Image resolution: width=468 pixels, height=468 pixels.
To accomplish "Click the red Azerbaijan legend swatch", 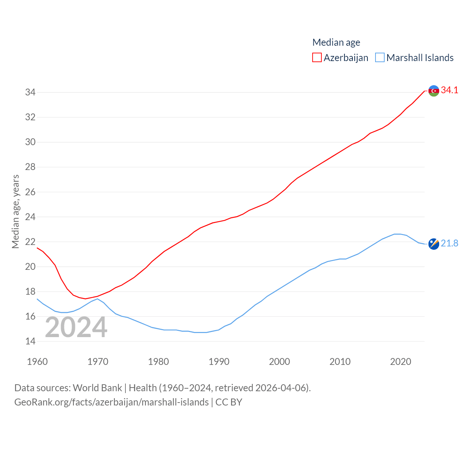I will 317,58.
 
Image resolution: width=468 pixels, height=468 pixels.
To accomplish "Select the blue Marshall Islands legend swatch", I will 380,58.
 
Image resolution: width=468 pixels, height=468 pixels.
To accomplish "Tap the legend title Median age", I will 336,42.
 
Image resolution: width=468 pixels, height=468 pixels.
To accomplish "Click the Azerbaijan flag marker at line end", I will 434,91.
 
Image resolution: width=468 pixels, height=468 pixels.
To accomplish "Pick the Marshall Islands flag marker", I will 434,244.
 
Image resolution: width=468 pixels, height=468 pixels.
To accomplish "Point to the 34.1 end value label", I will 449,90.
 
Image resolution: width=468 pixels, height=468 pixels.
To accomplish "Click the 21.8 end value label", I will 449,243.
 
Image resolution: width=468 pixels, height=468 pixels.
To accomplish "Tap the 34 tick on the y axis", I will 30,92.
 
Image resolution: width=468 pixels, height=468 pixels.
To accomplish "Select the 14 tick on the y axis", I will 30,341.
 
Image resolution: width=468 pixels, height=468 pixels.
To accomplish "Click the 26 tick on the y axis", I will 30,192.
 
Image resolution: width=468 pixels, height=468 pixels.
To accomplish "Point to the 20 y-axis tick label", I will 30,267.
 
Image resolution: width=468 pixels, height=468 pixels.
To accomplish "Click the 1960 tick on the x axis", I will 37,362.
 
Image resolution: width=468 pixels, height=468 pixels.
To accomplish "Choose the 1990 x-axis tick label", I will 219,362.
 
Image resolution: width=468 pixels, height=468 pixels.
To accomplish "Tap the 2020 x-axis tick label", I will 400,362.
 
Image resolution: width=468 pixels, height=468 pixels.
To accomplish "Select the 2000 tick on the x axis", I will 279,362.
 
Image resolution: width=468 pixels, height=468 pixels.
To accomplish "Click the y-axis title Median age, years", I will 15,211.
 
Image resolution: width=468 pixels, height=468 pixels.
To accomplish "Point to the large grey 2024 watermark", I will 76,327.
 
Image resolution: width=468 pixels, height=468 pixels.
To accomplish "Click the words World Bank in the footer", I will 97,388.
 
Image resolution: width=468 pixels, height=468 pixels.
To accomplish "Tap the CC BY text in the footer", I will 229,402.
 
